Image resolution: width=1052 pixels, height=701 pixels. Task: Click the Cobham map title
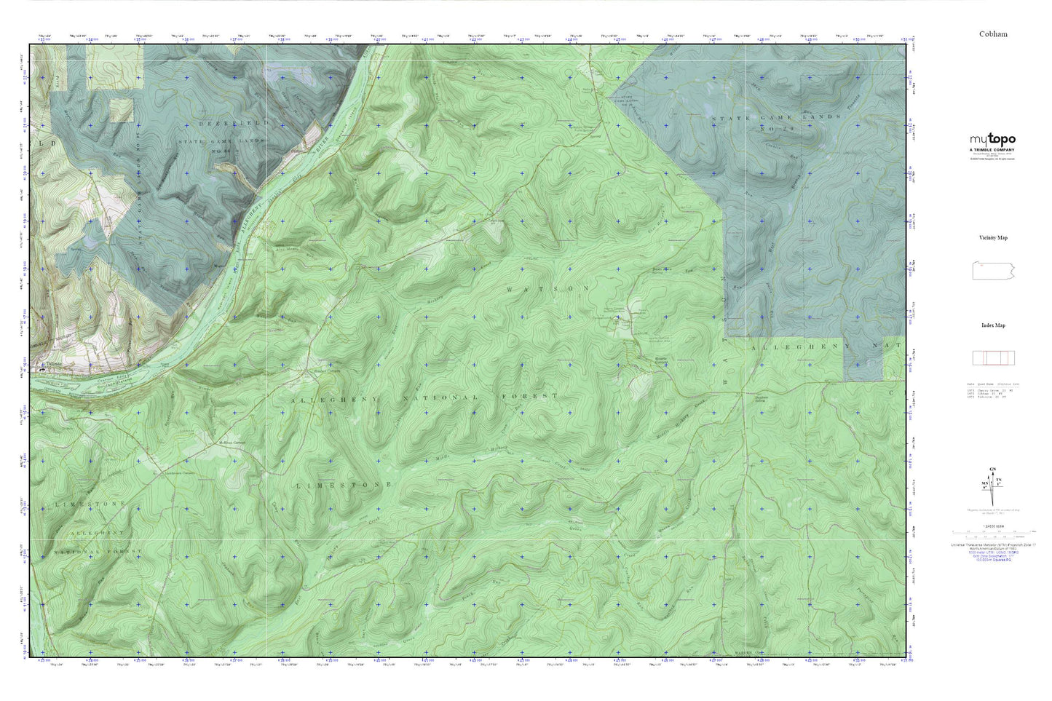coord(993,34)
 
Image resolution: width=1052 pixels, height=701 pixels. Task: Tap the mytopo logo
coord(992,139)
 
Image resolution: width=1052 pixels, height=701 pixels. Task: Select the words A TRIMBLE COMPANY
coord(992,149)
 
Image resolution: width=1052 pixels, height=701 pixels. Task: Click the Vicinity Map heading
coord(993,238)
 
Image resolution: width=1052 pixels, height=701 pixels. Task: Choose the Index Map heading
coord(993,325)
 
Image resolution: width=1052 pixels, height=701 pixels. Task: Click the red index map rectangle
coord(993,357)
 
